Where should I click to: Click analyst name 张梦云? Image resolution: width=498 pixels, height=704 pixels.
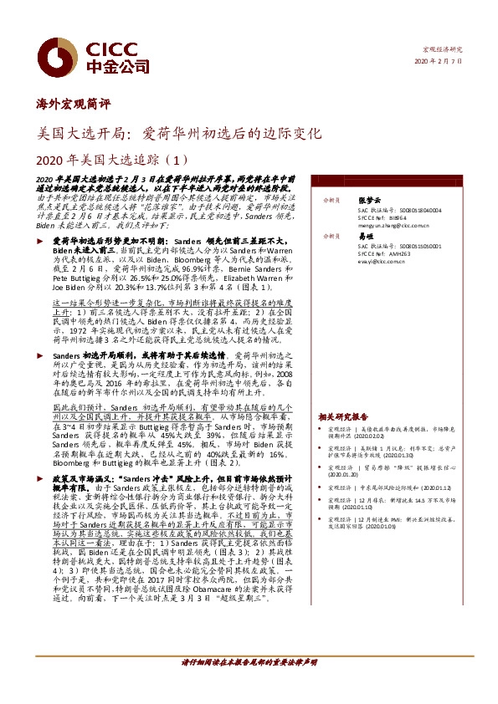click(x=366, y=202)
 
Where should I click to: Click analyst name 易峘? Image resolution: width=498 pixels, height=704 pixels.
click(x=362, y=237)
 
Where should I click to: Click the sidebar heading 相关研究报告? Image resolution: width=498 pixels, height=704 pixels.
click(x=343, y=416)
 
